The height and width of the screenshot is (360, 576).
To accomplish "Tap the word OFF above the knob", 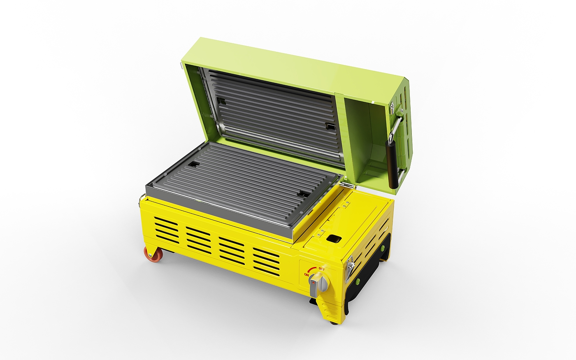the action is (x=322, y=269).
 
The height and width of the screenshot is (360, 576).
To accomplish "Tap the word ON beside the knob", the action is (x=306, y=274).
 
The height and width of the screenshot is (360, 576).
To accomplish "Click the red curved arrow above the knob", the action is (x=312, y=269).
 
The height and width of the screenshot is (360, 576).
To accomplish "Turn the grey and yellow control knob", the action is (x=318, y=285).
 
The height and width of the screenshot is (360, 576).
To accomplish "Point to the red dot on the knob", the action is (x=313, y=283).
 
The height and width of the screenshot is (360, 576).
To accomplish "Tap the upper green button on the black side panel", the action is (x=382, y=248).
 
